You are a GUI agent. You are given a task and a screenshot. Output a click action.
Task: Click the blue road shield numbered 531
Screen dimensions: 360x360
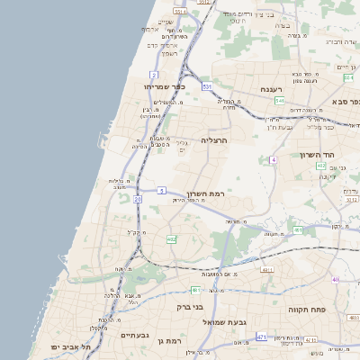point(207,86)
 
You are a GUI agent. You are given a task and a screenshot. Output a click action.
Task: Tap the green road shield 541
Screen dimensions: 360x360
point(280,101)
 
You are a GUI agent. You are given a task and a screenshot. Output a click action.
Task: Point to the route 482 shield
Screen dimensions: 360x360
point(171,239)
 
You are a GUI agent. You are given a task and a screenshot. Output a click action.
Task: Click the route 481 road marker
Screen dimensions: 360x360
point(195,290)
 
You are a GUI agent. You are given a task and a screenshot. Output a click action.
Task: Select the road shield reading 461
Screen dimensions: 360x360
point(298,230)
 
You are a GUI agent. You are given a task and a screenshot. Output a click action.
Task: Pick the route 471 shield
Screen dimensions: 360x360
point(261,337)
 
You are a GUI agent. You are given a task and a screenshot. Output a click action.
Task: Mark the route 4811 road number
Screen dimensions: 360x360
point(267,269)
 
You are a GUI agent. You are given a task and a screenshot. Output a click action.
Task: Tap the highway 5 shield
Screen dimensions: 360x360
point(161,191)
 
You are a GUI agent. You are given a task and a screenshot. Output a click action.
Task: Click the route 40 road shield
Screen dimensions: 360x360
point(336,279)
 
